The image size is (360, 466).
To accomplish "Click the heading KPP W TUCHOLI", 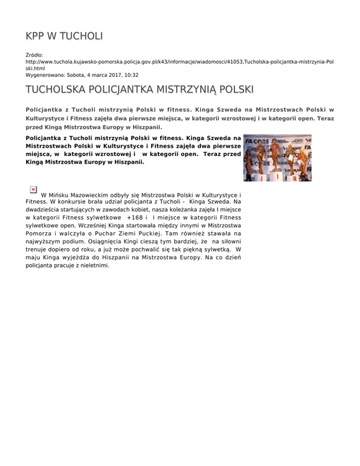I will point(64,36).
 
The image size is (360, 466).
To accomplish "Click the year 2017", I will point(111,75).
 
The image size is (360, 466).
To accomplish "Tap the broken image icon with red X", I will point(33,189).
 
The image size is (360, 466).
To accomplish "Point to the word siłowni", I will point(230,240).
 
